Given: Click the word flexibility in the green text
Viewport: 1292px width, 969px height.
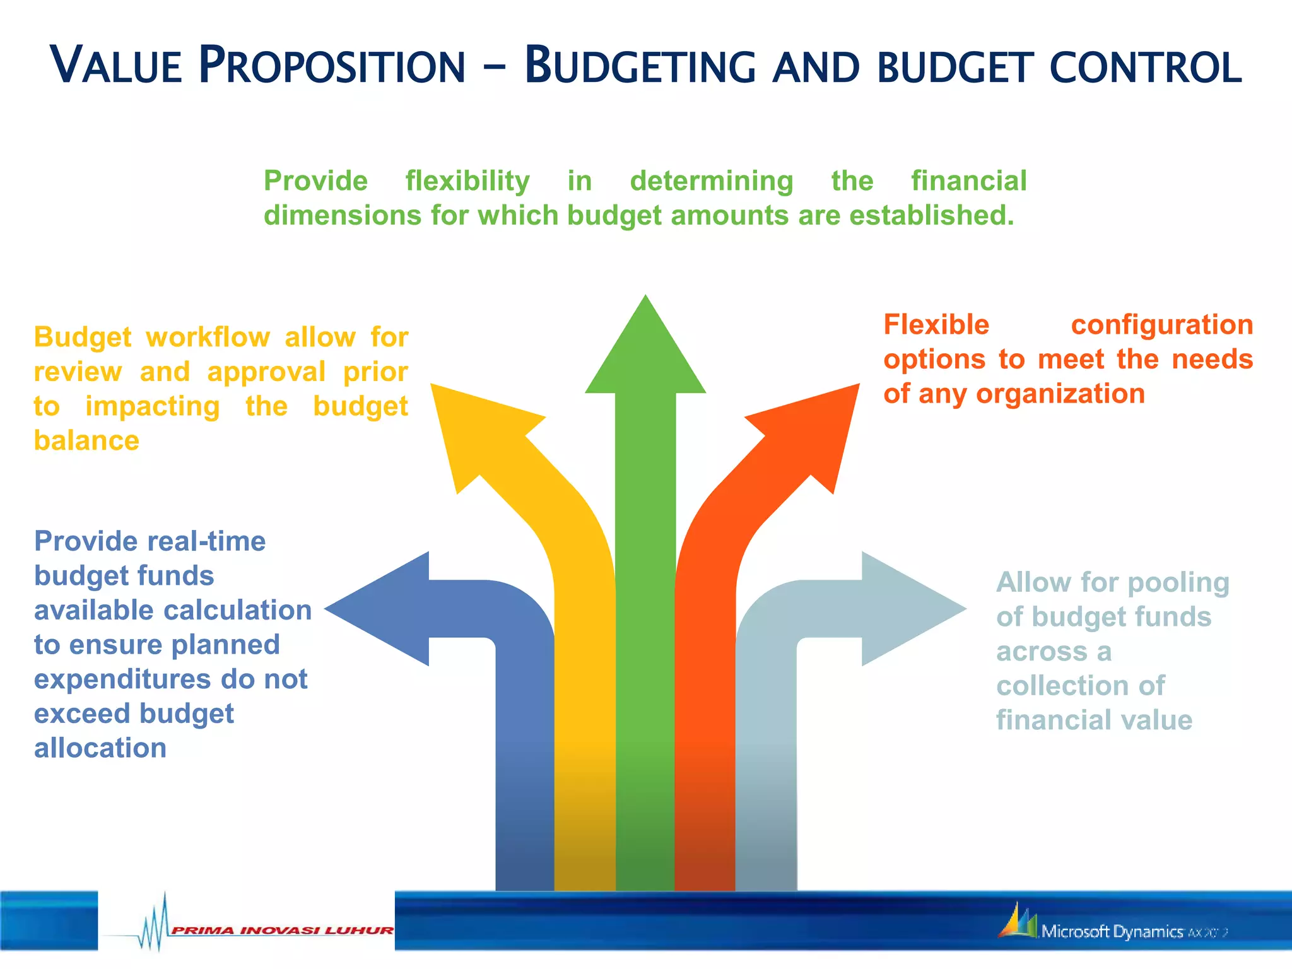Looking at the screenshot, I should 467,181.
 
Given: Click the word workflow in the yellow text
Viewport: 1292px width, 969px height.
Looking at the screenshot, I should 208,338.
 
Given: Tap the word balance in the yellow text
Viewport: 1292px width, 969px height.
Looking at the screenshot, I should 86,440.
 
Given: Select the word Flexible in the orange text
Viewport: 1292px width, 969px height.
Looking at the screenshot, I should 936,325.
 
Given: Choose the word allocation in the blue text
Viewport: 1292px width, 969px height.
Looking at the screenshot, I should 100,748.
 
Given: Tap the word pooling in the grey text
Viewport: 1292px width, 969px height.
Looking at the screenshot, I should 1178,582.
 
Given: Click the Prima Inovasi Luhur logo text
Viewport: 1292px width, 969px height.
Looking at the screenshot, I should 282,931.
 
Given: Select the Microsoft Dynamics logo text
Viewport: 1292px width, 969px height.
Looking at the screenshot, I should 1112,931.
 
